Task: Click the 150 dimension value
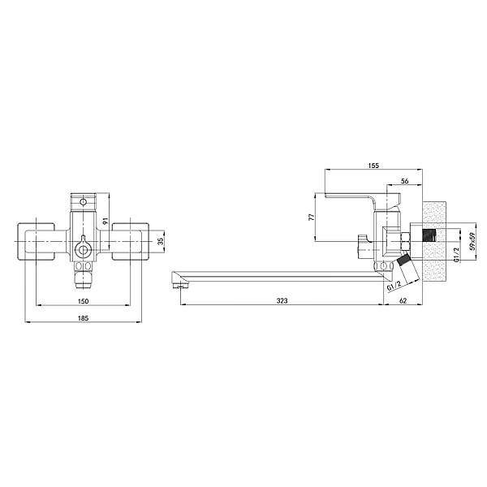[x=84, y=301]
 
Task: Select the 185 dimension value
[x=84, y=318]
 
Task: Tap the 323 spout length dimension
[x=282, y=300]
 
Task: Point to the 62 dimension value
[x=403, y=300]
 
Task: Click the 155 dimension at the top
[x=373, y=166]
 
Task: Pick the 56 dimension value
[x=405, y=181]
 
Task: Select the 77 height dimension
[x=312, y=217]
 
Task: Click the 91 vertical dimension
[x=105, y=221]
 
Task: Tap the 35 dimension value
[x=160, y=241]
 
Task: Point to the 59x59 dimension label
[x=472, y=241]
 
